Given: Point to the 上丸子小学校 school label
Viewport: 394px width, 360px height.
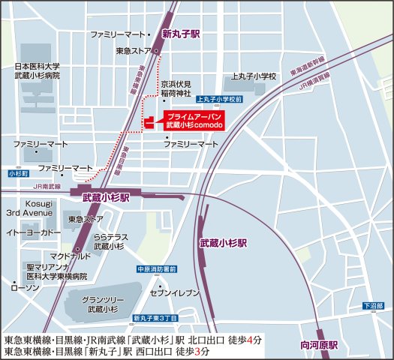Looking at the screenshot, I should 254,76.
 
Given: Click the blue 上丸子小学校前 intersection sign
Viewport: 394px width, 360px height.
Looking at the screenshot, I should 218,98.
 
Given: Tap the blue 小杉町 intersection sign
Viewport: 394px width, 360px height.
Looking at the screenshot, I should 17,173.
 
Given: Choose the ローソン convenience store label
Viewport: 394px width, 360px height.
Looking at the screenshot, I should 26,287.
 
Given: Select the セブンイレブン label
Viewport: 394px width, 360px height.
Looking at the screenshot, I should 173,292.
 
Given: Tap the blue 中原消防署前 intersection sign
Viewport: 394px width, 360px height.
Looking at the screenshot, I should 155,268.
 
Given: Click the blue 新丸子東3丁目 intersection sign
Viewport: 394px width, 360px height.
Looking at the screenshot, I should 155,319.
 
